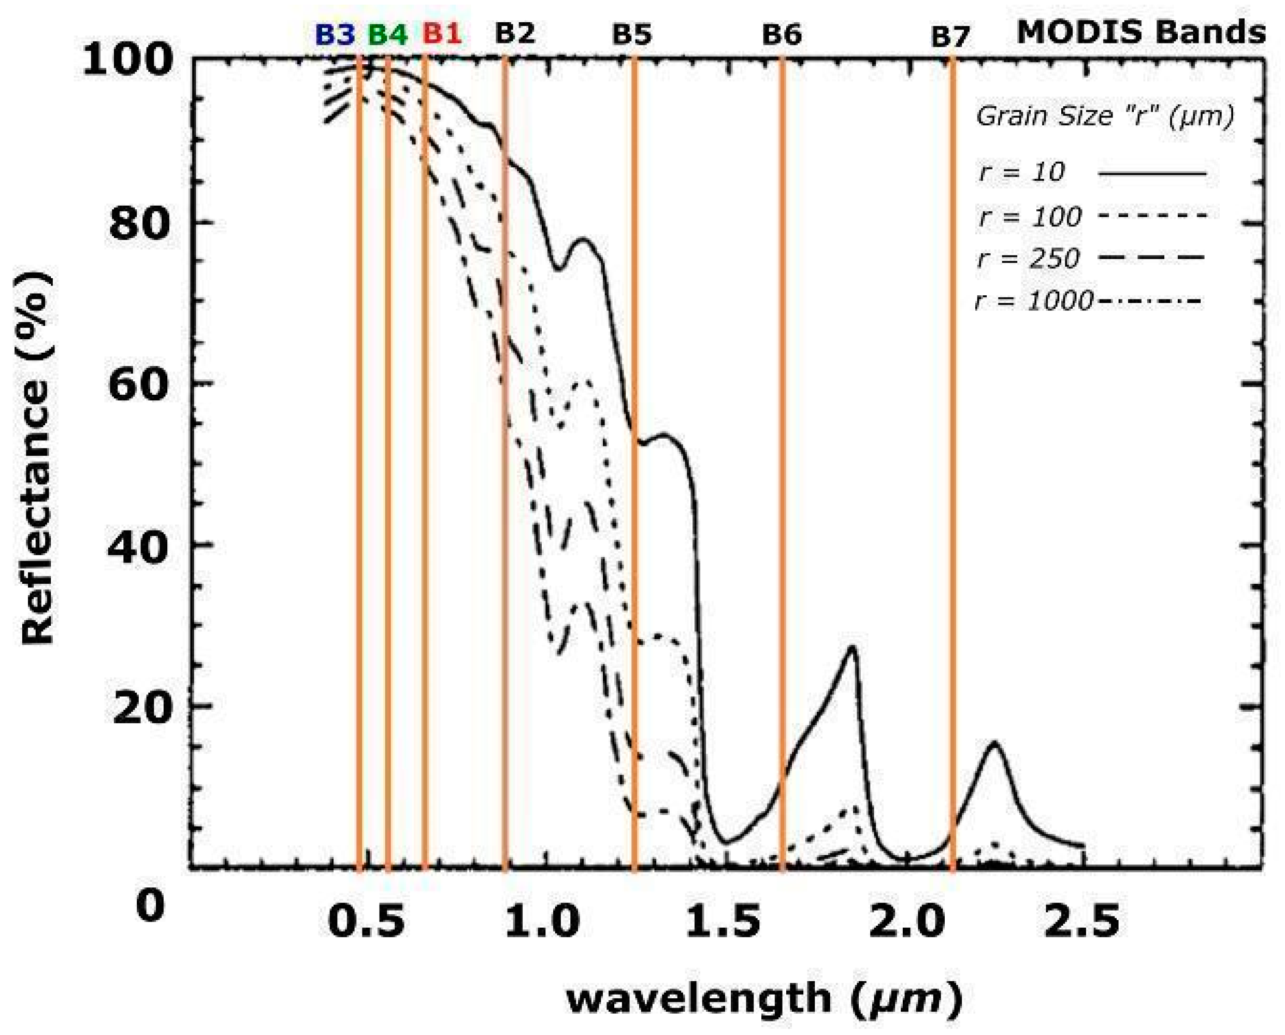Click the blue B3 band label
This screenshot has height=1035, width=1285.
336,35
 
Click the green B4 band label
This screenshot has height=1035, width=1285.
387,35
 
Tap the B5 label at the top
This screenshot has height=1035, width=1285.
632,35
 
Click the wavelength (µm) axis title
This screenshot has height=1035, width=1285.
764,999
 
